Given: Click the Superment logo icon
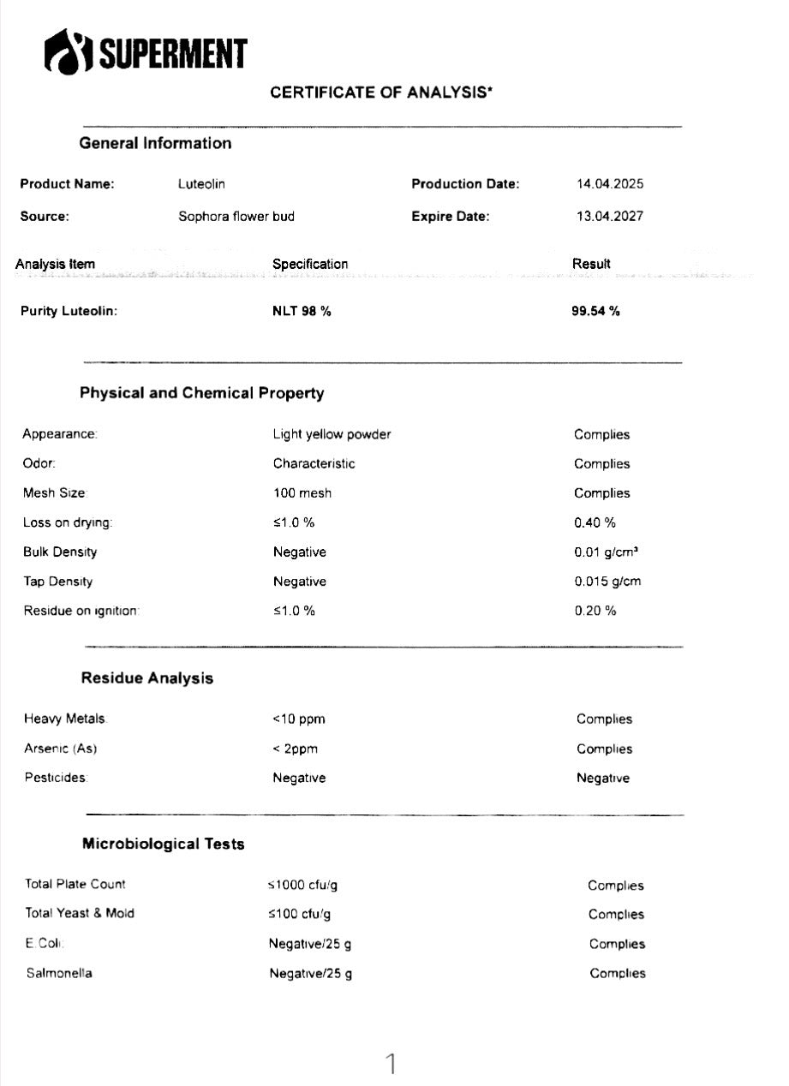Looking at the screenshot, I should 68,51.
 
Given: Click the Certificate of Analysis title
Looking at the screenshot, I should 381,93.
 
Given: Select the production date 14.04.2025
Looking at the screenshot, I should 610,184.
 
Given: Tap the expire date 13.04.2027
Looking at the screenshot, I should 609,217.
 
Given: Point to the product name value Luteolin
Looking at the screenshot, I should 201,184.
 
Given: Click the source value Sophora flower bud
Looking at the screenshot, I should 236,217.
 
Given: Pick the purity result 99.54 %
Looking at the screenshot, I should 595,311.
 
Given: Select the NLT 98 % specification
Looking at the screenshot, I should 302,311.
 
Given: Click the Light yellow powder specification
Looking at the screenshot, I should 332,434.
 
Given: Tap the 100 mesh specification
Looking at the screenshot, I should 302,493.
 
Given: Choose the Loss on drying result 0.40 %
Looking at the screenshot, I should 595,522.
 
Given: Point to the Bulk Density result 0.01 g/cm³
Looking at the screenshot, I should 606,552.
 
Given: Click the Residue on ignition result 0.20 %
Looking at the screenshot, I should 595,611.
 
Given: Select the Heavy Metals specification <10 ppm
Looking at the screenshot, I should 298,719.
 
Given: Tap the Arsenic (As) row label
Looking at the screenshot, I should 60,749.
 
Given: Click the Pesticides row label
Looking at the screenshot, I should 56,778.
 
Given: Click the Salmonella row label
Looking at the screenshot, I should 58,973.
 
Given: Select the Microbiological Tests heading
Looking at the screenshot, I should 163,844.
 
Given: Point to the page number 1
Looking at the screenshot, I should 392,1064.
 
